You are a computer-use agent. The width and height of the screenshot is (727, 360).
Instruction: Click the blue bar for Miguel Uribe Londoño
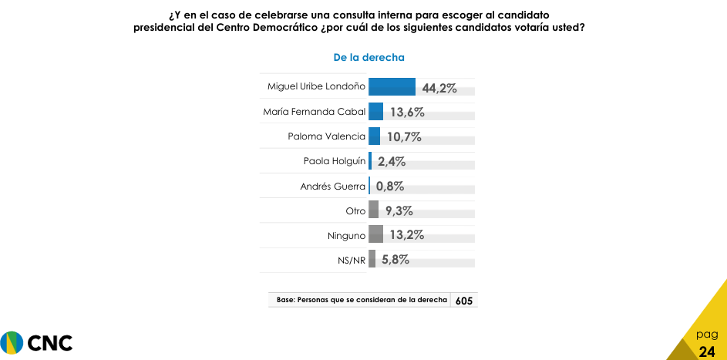[392, 86]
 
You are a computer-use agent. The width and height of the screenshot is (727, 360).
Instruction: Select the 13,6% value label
[407, 112]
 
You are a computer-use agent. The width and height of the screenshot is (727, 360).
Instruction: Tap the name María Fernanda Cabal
[314, 112]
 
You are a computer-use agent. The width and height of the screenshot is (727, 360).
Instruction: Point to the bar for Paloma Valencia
[374, 136]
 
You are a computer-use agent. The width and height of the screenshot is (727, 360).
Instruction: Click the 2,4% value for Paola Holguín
[391, 161]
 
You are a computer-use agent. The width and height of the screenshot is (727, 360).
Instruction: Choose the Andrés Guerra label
[332, 186]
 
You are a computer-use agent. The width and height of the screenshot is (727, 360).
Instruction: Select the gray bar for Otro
[373, 210]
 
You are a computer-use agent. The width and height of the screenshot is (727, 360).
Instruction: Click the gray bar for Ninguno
[375, 234]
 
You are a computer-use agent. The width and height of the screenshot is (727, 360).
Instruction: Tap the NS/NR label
[352, 260]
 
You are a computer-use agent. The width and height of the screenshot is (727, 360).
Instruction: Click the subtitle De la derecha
[369, 57]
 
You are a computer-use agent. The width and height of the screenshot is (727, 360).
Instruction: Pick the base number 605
[464, 301]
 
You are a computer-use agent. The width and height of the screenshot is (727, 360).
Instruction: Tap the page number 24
[707, 352]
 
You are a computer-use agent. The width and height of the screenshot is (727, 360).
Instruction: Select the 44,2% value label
[439, 87]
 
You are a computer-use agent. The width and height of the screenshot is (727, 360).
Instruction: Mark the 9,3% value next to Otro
[398, 210]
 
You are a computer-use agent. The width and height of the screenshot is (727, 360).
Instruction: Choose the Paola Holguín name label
[335, 161]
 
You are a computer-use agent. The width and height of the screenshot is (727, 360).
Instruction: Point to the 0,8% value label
[390, 186]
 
